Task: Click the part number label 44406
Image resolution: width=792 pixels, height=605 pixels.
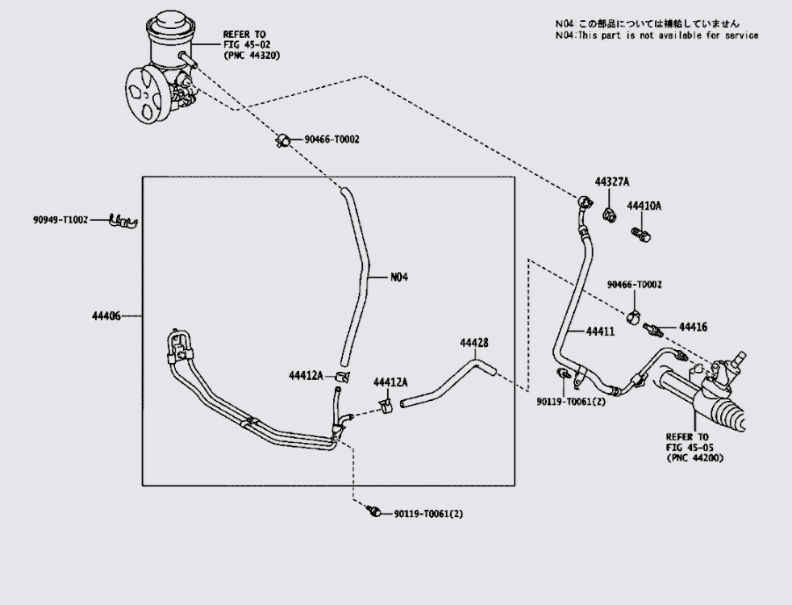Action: click(106, 316)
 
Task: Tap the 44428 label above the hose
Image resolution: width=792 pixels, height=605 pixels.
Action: click(473, 343)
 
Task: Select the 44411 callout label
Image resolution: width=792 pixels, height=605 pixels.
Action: click(600, 332)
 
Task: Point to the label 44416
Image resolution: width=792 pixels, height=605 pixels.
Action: click(693, 328)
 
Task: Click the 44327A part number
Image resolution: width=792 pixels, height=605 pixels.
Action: click(611, 181)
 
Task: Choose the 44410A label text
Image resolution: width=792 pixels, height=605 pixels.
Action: click(644, 206)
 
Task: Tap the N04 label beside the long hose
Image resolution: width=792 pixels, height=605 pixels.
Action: click(399, 277)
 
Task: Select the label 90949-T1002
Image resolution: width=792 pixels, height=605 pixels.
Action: click(60, 219)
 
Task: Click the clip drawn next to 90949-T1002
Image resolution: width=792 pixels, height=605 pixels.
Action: click(123, 221)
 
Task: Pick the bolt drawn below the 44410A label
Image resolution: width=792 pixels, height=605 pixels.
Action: click(640, 234)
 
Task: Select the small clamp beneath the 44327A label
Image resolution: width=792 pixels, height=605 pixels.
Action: click(609, 215)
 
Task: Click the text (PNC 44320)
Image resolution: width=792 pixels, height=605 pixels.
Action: click(252, 55)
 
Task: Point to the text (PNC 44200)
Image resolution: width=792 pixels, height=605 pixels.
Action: click(694, 458)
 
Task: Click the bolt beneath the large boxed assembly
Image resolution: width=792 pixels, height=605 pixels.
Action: click(373, 511)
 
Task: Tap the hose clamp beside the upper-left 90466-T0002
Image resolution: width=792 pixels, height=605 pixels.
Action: click(283, 140)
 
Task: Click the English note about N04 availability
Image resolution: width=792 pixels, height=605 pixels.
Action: click(657, 35)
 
